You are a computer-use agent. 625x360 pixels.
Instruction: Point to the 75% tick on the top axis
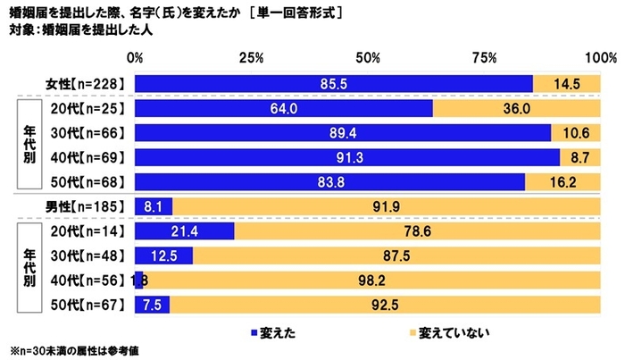pyautogui.click(x=483, y=58)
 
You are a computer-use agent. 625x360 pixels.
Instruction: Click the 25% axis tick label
pyautogui.click(x=251, y=58)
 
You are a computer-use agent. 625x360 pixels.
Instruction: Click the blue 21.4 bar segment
pyautogui.click(x=184, y=231)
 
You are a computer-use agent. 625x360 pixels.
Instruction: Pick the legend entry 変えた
pyautogui.click(x=275, y=332)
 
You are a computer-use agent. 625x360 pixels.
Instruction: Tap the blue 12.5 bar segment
pyautogui.click(x=163, y=256)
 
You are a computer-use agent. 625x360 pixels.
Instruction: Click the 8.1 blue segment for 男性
pyautogui.click(x=153, y=207)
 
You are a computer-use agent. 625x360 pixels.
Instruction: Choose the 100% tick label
pyautogui.click(x=596, y=58)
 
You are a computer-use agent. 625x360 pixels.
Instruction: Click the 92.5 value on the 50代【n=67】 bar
pyautogui.click(x=384, y=306)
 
